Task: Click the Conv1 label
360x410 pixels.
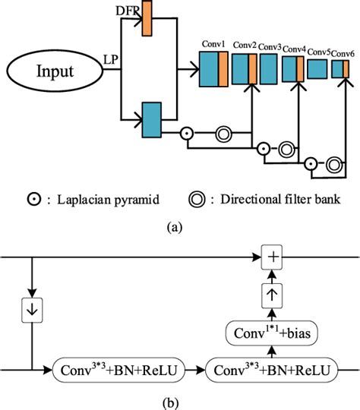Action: tap(213, 45)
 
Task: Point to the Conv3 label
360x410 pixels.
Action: tap(270, 47)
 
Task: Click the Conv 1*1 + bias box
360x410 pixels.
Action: tap(271, 332)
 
